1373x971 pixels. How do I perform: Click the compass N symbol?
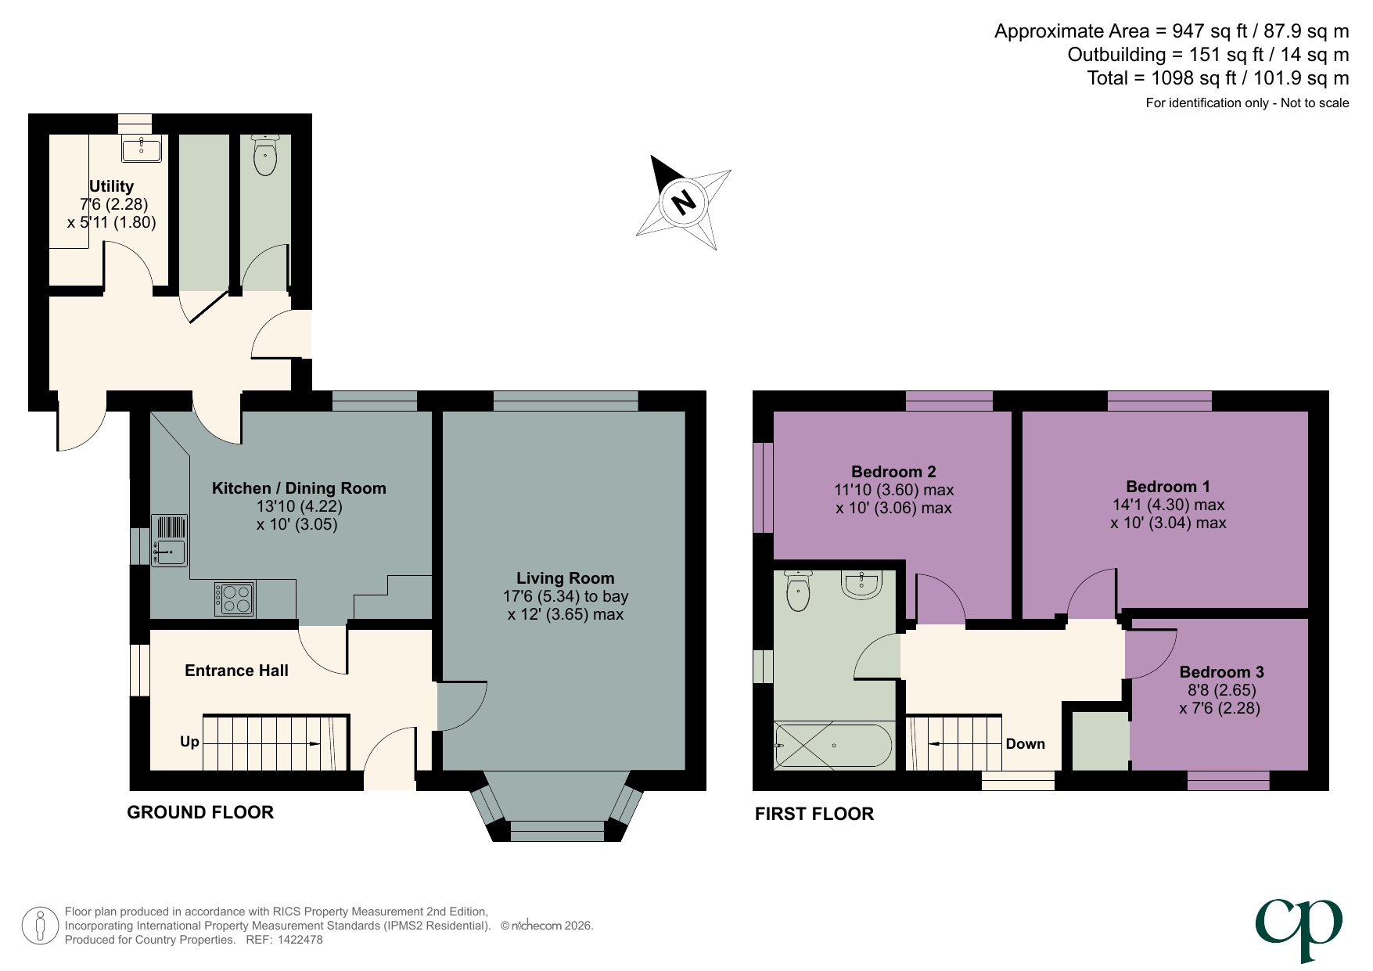684,203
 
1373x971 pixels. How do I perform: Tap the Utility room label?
111,186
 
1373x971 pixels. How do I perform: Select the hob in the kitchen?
234,599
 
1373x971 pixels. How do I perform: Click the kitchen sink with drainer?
169,540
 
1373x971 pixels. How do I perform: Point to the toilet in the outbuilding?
265,155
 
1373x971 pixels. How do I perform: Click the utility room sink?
142,148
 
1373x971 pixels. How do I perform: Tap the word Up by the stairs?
189,741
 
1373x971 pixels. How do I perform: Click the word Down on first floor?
1025,743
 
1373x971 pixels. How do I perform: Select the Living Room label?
565,578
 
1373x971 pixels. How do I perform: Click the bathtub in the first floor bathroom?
833,745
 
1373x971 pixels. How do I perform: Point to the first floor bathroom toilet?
797,591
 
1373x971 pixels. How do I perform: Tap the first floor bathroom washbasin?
862,583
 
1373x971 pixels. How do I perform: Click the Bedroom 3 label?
1221,672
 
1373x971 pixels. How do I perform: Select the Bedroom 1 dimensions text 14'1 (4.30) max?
1168,505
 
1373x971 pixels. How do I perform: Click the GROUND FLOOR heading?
200,812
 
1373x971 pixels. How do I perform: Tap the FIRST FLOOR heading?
814,814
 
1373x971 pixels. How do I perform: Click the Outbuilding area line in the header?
1207,55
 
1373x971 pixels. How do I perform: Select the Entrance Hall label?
236,671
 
